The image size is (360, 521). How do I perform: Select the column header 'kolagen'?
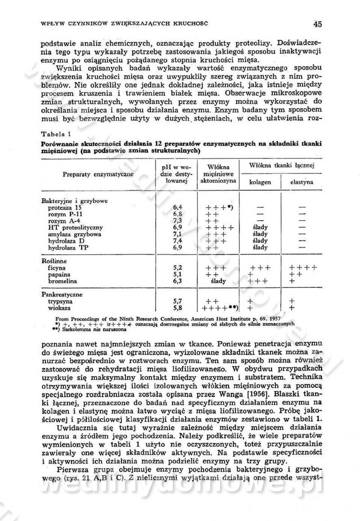tap(261, 182)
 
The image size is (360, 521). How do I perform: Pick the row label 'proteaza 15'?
tap(65, 208)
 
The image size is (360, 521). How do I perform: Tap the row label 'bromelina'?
tap(63, 281)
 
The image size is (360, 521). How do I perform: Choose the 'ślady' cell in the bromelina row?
tap(218, 281)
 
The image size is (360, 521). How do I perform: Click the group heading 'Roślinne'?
tap(54, 261)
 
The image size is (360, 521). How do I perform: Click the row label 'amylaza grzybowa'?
tap(75, 234)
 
